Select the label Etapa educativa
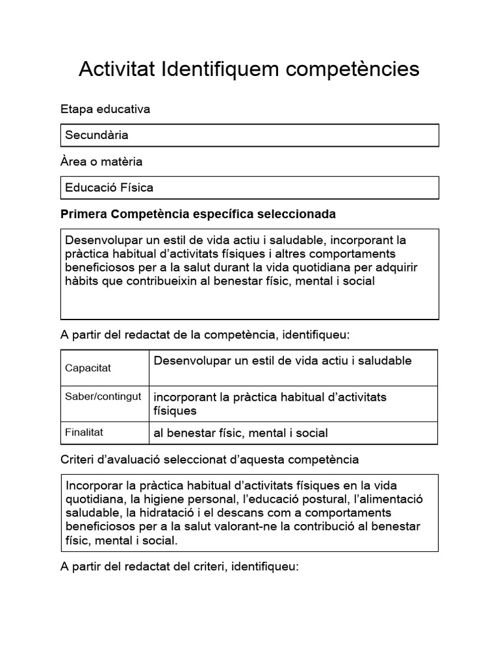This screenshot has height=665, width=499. point(105,109)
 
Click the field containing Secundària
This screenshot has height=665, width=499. point(249,136)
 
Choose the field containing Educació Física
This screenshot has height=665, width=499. point(249,188)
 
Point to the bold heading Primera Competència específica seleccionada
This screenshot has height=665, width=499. point(198,214)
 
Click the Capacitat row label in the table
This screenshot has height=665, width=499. point(88,368)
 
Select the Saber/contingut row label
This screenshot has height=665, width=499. point(103,397)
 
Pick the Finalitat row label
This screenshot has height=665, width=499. point(84,431)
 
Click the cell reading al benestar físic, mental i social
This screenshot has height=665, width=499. point(240,433)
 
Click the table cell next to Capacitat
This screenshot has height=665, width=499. point(283,361)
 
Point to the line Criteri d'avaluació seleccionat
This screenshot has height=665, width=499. point(209,460)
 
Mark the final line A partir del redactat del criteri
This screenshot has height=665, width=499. point(179,566)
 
